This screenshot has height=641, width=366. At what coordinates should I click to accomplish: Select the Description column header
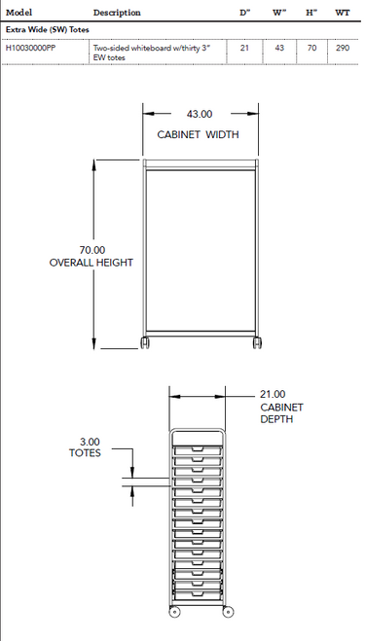(x=117, y=13)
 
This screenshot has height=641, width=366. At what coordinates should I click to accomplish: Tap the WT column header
(x=343, y=13)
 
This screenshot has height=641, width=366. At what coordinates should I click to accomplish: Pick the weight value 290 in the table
(x=343, y=47)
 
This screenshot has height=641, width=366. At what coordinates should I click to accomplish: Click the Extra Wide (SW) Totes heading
(x=48, y=29)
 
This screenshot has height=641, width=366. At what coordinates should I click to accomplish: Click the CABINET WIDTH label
(x=198, y=135)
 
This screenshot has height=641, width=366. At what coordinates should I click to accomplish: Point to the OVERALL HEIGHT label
(x=91, y=264)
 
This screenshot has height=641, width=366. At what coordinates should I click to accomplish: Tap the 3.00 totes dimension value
(x=85, y=442)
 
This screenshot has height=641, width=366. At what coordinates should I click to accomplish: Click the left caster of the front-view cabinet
(x=145, y=344)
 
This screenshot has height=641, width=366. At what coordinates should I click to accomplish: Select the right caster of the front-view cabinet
(x=257, y=344)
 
